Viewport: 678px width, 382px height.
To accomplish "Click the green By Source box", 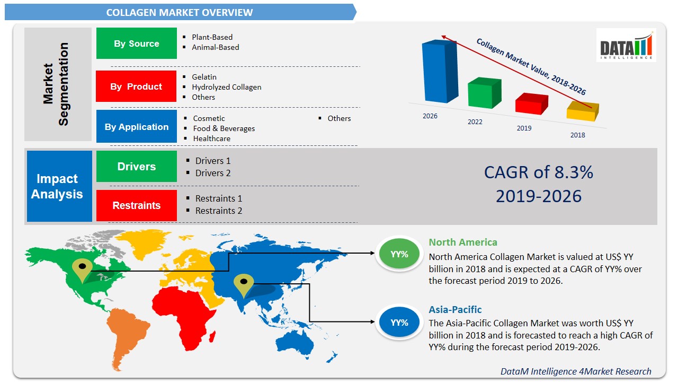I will pos(136,44).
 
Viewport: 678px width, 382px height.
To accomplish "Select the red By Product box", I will pos(136,86).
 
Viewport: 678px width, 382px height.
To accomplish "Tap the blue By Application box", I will pos(136,127).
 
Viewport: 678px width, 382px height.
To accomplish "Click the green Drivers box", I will pos(136,167).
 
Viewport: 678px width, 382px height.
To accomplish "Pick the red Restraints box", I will pos(136,205).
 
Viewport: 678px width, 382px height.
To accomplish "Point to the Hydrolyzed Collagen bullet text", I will pos(226,87).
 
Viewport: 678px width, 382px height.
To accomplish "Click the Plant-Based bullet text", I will pos(212,37).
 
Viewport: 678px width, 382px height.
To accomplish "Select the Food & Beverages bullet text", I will pos(224,128).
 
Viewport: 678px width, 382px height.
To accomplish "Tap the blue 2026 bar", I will pos(439,72).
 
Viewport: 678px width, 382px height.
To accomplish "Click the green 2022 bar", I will pos(484,94).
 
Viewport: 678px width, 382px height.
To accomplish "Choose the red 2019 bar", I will pos(531,104).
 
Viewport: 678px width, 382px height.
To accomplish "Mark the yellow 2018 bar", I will pos(582,111).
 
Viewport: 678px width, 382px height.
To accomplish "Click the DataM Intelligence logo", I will pos(626,45).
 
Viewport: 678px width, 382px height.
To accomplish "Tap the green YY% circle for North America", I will pos(399,254).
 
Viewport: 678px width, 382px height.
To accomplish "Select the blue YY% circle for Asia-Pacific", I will pos(399,322).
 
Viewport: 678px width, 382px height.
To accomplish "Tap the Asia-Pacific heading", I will pos(455,310).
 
